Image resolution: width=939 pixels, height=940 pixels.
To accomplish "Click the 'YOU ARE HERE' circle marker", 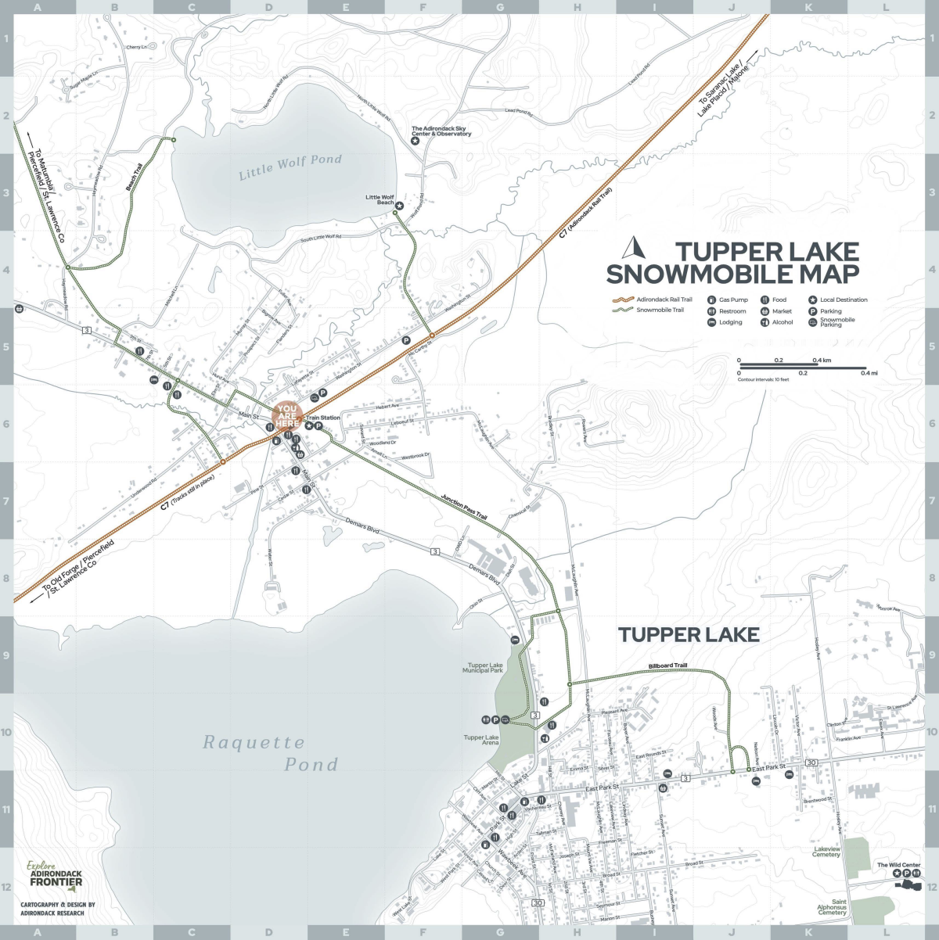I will [x=287, y=416].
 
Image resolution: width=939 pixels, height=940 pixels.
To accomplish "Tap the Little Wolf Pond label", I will [x=290, y=167].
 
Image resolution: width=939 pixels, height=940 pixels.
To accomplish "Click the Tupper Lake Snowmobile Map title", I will [x=733, y=263].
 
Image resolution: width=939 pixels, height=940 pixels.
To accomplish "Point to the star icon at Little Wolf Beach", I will [x=399, y=206].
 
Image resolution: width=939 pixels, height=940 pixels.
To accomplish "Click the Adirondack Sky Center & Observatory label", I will [x=441, y=131].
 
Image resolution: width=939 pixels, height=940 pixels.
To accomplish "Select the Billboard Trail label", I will [x=667, y=666].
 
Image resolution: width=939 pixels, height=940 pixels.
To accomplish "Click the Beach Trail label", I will [x=135, y=177].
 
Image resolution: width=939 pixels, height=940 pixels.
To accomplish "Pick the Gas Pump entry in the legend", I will [x=733, y=300].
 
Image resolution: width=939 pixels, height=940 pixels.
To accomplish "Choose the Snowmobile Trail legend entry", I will [x=660, y=310].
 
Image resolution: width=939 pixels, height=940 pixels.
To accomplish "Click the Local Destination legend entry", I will [x=844, y=300].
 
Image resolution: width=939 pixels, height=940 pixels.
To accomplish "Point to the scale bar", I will [x=802, y=366].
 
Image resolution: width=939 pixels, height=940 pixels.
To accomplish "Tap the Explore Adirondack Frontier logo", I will [x=55, y=875].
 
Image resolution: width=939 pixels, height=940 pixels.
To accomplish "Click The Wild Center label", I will [x=898, y=865].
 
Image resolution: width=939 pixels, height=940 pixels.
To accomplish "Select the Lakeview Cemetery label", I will [x=826, y=852].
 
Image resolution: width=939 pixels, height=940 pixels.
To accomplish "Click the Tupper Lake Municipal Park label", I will [x=483, y=668].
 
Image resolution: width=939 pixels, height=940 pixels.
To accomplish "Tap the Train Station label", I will [x=323, y=418].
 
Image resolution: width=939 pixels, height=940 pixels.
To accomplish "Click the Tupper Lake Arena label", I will [x=481, y=740].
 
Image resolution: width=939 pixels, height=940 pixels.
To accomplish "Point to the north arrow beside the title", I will [x=632, y=248].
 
